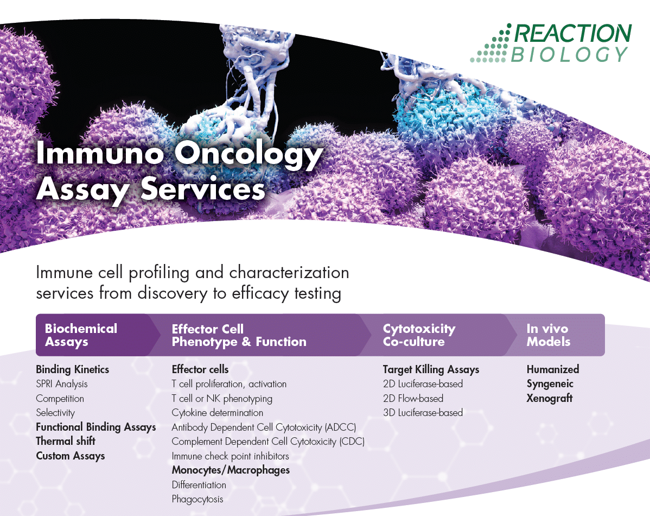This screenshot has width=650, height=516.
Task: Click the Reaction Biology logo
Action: click(x=551, y=43)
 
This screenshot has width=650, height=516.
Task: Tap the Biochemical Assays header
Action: click(x=81, y=335)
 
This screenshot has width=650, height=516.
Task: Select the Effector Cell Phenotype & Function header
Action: click(x=239, y=335)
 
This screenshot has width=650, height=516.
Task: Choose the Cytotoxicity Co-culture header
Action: click(x=419, y=335)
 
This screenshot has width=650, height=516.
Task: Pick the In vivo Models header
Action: click(x=548, y=335)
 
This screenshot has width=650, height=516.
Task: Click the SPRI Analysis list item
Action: click(x=62, y=384)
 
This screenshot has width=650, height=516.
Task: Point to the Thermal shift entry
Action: click(x=66, y=441)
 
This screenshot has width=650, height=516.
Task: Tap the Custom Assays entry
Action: click(x=71, y=456)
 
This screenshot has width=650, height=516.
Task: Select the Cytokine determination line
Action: click(x=217, y=413)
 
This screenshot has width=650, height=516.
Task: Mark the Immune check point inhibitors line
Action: click(x=230, y=456)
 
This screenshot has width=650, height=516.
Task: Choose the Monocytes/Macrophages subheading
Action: click(x=231, y=470)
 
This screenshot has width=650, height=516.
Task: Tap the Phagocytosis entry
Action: click(x=197, y=499)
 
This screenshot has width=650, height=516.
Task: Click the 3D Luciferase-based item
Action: click(x=423, y=413)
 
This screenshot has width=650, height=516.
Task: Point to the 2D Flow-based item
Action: click(x=413, y=399)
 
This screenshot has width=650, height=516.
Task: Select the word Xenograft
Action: click(x=549, y=398)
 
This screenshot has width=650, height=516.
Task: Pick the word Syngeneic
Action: click(x=550, y=384)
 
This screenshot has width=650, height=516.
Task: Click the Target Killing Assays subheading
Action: click(x=431, y=369)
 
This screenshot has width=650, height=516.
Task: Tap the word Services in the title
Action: click(x=203, y=189)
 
